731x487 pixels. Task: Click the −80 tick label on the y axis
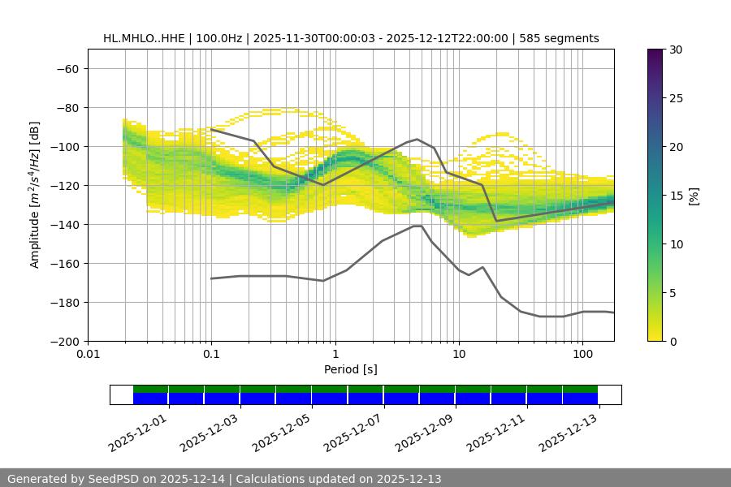pos(66,107)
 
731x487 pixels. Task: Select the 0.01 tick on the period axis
pos(88,355)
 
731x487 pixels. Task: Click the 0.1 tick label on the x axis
pos(211,355)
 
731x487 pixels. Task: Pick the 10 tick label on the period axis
pos(459,355)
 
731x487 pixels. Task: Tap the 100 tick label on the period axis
pos(582,355)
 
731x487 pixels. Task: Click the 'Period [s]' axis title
pos(350,369)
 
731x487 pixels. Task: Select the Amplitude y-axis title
pos(35,195)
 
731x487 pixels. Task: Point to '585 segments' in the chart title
pos(560,38)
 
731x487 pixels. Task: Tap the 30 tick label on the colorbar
pos(674,50)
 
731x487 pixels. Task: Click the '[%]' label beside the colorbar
pos(694,196)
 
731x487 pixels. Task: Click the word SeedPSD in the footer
pos(120,479)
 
